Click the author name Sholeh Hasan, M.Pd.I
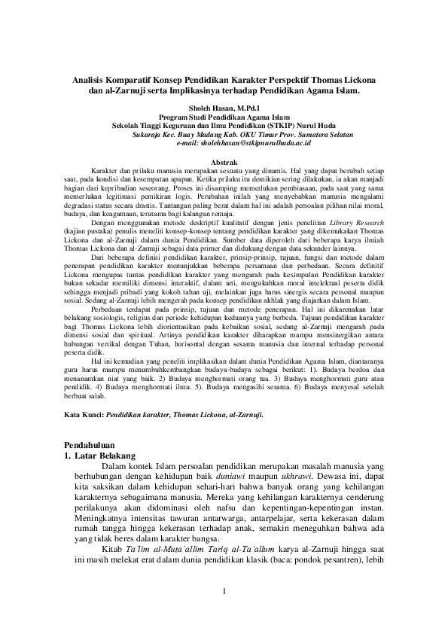(224, 108)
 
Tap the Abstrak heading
(224, 163)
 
